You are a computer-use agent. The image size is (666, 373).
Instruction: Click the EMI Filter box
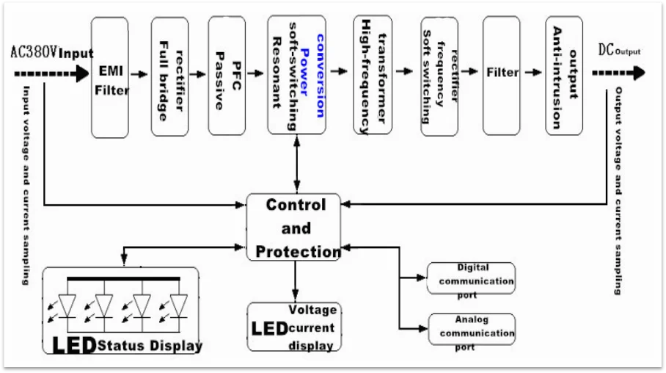pyautogui.click(x=114, y=77)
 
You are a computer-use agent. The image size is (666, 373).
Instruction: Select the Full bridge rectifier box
pyautogui.click(x=169, y=76)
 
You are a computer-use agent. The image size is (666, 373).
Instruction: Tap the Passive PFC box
pyautogui.click(x=227, y=76)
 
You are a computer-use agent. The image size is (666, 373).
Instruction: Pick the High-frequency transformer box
pyautogui.click(x=371, y=75)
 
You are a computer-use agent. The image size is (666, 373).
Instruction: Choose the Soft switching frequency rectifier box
pyautogui.click(x=439, y=76)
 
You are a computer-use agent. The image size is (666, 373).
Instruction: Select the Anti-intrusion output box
pyautogui.click(x=564, y=76)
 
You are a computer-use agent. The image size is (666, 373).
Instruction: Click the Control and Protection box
pyautogui.click(x=295, y=228)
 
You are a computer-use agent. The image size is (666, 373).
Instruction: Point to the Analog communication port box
pyautogui.click(x=472, y=331)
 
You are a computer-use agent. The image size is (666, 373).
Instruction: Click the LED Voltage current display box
pyautogui.click(x=294, y=327)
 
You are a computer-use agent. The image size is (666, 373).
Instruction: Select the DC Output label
pyautogui.click(x=618, y=51)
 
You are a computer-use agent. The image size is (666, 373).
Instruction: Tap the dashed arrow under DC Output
pyautogui.click(x=618, y=73)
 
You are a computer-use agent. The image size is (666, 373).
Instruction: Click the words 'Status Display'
pyautogui.click(x=150, y=345)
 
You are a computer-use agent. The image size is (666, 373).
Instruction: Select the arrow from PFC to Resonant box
pyautogui.click(x=255, y=73)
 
